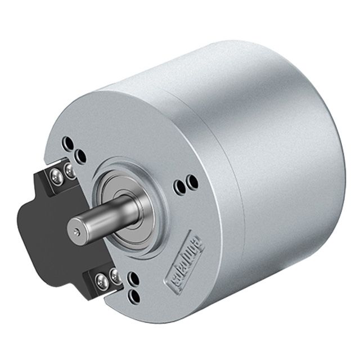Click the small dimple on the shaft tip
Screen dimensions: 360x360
[x=77, y=231]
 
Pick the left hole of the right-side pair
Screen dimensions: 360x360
[x=181, y=184]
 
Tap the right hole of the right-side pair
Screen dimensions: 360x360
[x=192, y=182]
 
